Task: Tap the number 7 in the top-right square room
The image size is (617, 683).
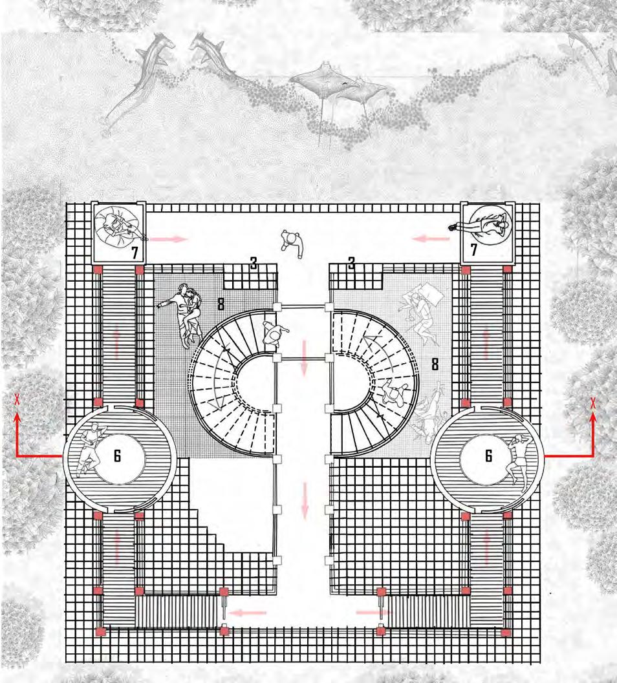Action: tap(473, 249)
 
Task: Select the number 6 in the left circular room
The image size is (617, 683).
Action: tap(117, 456)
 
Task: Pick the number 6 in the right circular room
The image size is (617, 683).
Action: tap(488, 456)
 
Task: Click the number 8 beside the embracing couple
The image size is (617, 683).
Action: tap(221, 304)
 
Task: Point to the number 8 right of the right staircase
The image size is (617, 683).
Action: tap(435, 364)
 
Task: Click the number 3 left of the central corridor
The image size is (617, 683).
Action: tap(254, 262)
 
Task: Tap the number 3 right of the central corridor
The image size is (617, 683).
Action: tap(351, 262)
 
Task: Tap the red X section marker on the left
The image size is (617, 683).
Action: tap(17, 401)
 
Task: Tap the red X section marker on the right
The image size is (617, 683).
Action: tap(592, 403)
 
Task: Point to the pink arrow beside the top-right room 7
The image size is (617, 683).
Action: tap(432, 238)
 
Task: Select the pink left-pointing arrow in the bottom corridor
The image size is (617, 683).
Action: tap(248, 613)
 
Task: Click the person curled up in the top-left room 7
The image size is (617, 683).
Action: tap(118, 224)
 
